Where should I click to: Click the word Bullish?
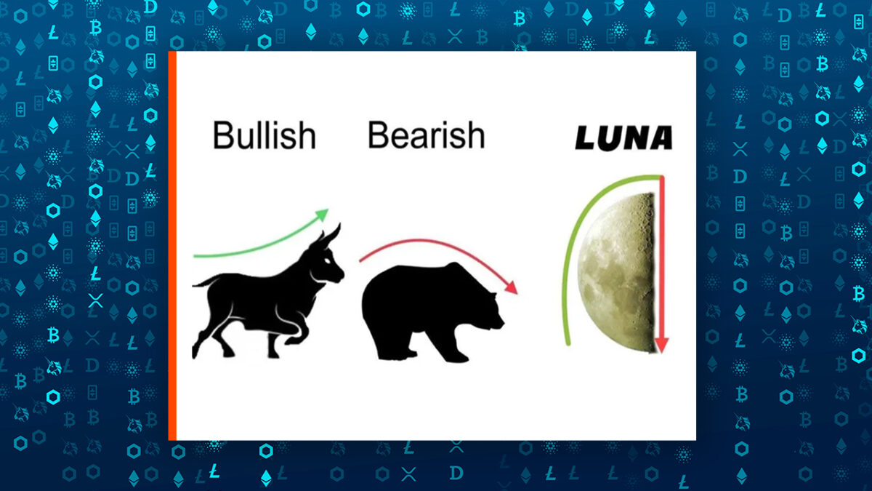[265, 135]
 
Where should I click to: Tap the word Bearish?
[427, 135]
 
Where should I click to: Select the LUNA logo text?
[623, 137]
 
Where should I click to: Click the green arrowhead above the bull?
[322, 215]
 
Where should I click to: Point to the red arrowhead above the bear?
[512, 287]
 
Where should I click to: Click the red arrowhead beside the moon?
[661, 345]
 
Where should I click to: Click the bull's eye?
[329, 260]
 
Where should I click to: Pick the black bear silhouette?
[433, 312]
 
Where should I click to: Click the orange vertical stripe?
[172, 246]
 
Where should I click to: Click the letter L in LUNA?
[586, 137]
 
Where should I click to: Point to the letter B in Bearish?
[378, 135]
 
